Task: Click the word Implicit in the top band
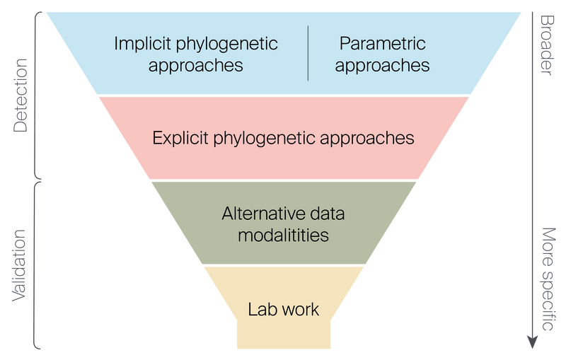(x=139, y=44)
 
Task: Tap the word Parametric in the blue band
(x=383, y=44)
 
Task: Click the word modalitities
(x=284, y=234)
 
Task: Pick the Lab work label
(x=284, y=309)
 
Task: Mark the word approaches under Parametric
(x=383, y=65)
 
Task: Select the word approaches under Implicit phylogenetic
(x=197, y=65)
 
